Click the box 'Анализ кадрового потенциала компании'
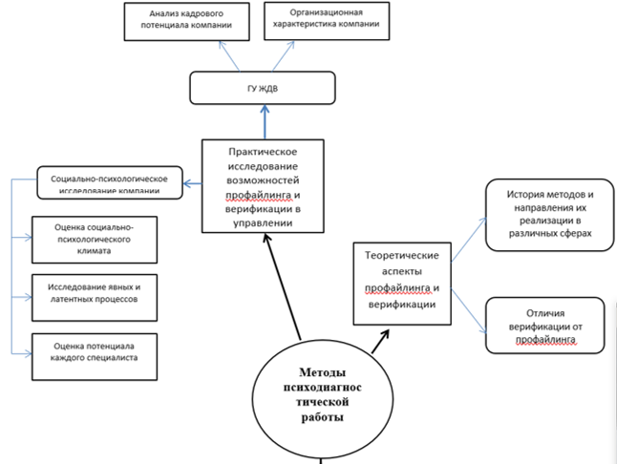point(180,20)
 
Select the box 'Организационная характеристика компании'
point(327,20)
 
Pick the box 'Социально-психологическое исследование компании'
point(109,181)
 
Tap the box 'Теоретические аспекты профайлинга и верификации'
point(402,278)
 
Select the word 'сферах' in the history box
point(576,231)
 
